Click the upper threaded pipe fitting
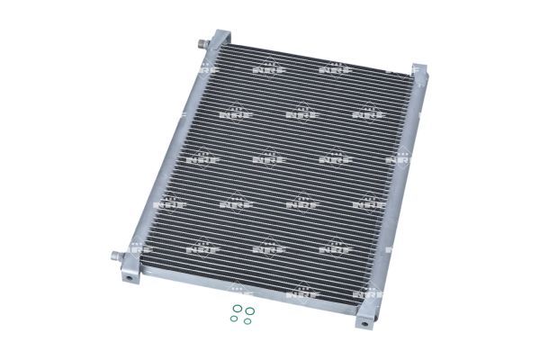point(203,44)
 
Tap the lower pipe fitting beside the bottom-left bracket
point(117,256)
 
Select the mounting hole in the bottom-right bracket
point(364,324)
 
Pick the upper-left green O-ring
point(237,308)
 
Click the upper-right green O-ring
point(250,311)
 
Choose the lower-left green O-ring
point(234,319)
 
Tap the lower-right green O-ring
point(247,321)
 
